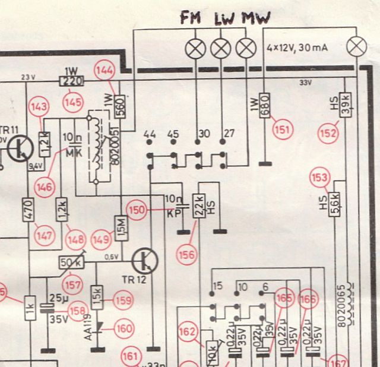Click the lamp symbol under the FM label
(195, 48)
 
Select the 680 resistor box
(265, 106)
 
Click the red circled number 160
(125, 328)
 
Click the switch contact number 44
(150, 134)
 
